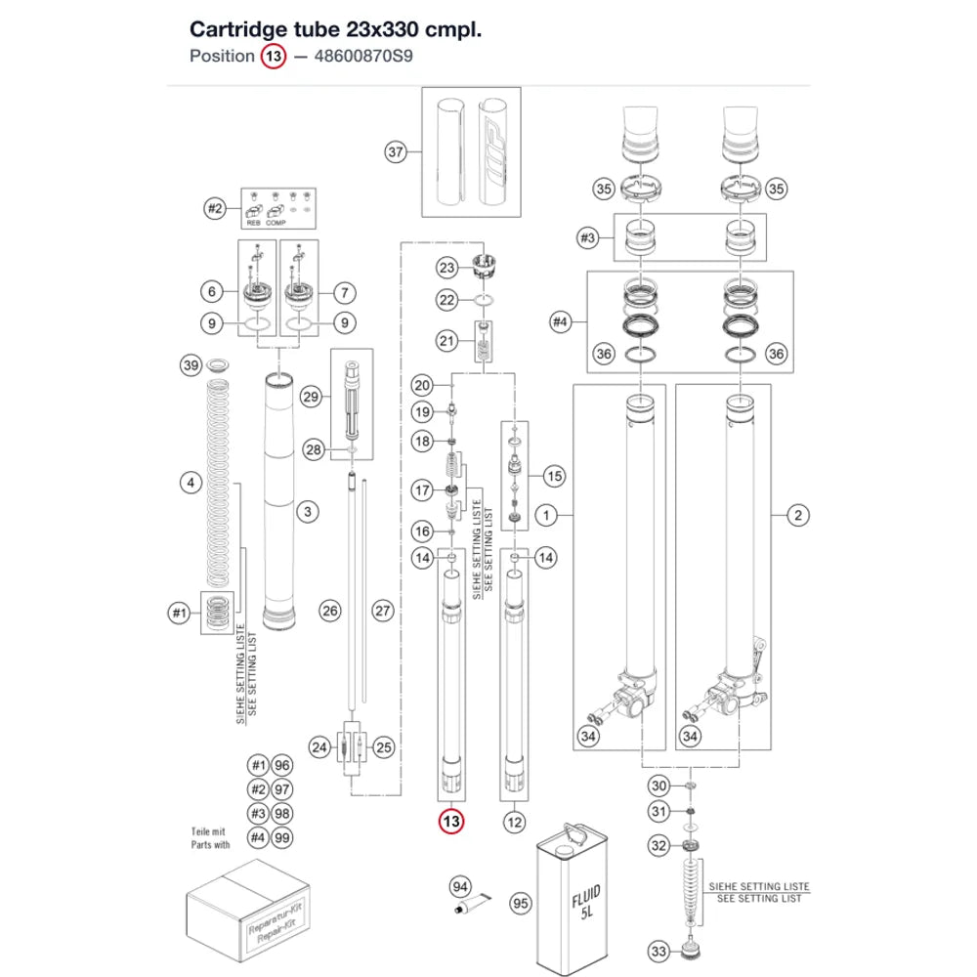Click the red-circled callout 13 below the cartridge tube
click(451, 822)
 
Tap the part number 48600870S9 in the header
click(363, 56)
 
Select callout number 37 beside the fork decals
click(396, 151)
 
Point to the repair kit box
click(248, 911)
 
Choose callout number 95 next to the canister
click(521, 904)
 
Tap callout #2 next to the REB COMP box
click(215, 208)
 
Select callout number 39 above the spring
click(191, 365)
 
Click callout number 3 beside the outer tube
click(307, 512)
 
